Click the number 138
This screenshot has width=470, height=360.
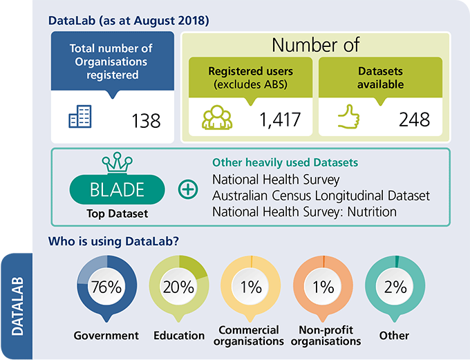point(146,120)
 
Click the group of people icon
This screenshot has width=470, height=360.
point(216,118)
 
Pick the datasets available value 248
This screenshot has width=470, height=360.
point(414,119)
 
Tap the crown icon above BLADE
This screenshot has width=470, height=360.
point(117,163)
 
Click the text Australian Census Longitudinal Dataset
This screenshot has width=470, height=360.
point(321,196)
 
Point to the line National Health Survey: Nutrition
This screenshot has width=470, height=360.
point(304,211)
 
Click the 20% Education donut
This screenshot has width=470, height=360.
point(178,287)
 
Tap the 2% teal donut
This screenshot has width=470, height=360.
point(395,287)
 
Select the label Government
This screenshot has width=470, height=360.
point(106,336)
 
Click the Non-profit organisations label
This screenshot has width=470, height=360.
point(324,335)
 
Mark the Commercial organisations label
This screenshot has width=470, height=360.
point(250,335)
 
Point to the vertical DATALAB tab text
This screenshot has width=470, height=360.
point(17,306)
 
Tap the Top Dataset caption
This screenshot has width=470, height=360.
point(117,214)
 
